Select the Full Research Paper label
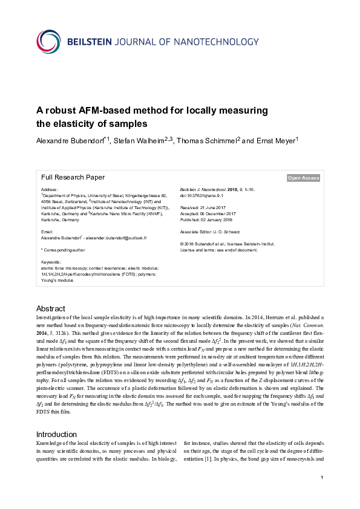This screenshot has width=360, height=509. click(73, 178)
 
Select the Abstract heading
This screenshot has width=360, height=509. click(51, 308)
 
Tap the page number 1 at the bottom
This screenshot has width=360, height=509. click(322, 495)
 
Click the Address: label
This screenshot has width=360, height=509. click(50, 190)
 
